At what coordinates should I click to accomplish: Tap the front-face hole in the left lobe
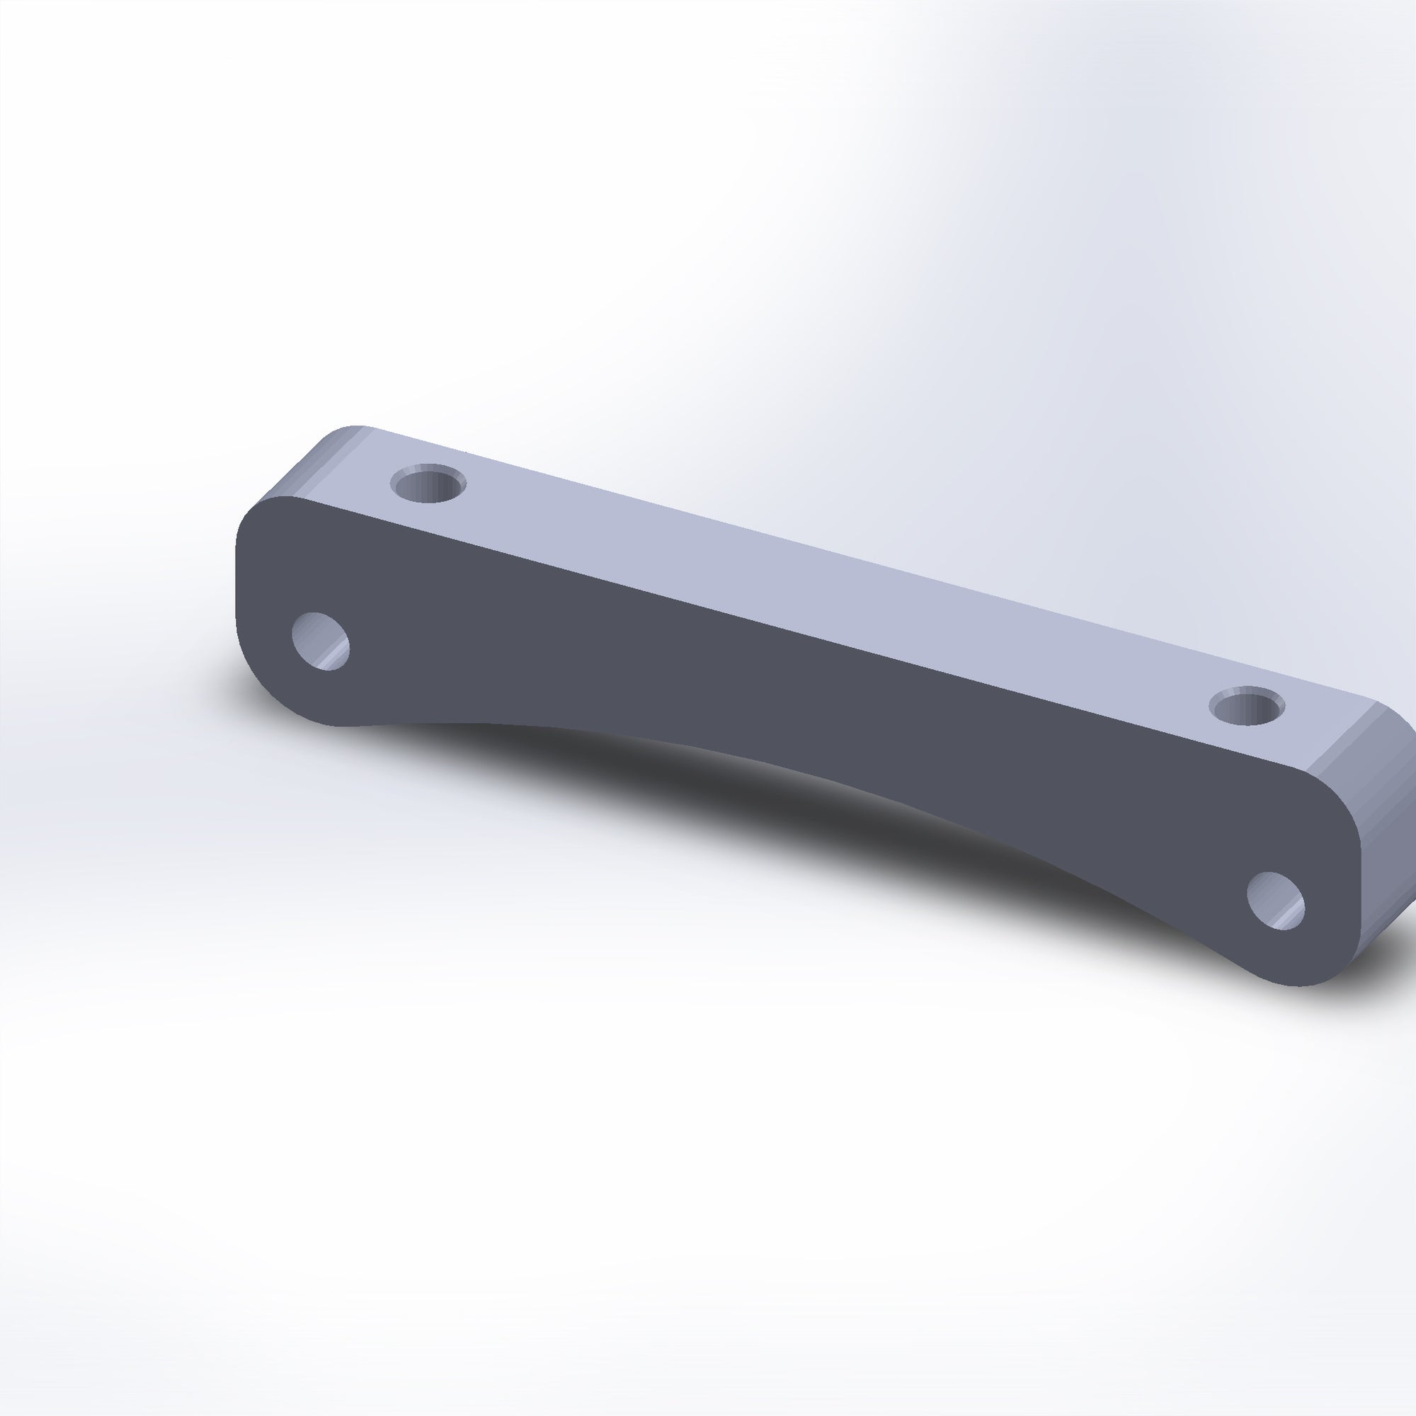[x=320, y=641]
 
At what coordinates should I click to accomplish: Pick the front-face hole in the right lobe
[x=1276, y=901]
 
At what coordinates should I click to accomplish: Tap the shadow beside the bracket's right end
[x=1393, y=945]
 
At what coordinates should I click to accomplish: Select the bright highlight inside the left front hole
[x=336, y=652]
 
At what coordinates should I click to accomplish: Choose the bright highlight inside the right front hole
[x=1290, y=913]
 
